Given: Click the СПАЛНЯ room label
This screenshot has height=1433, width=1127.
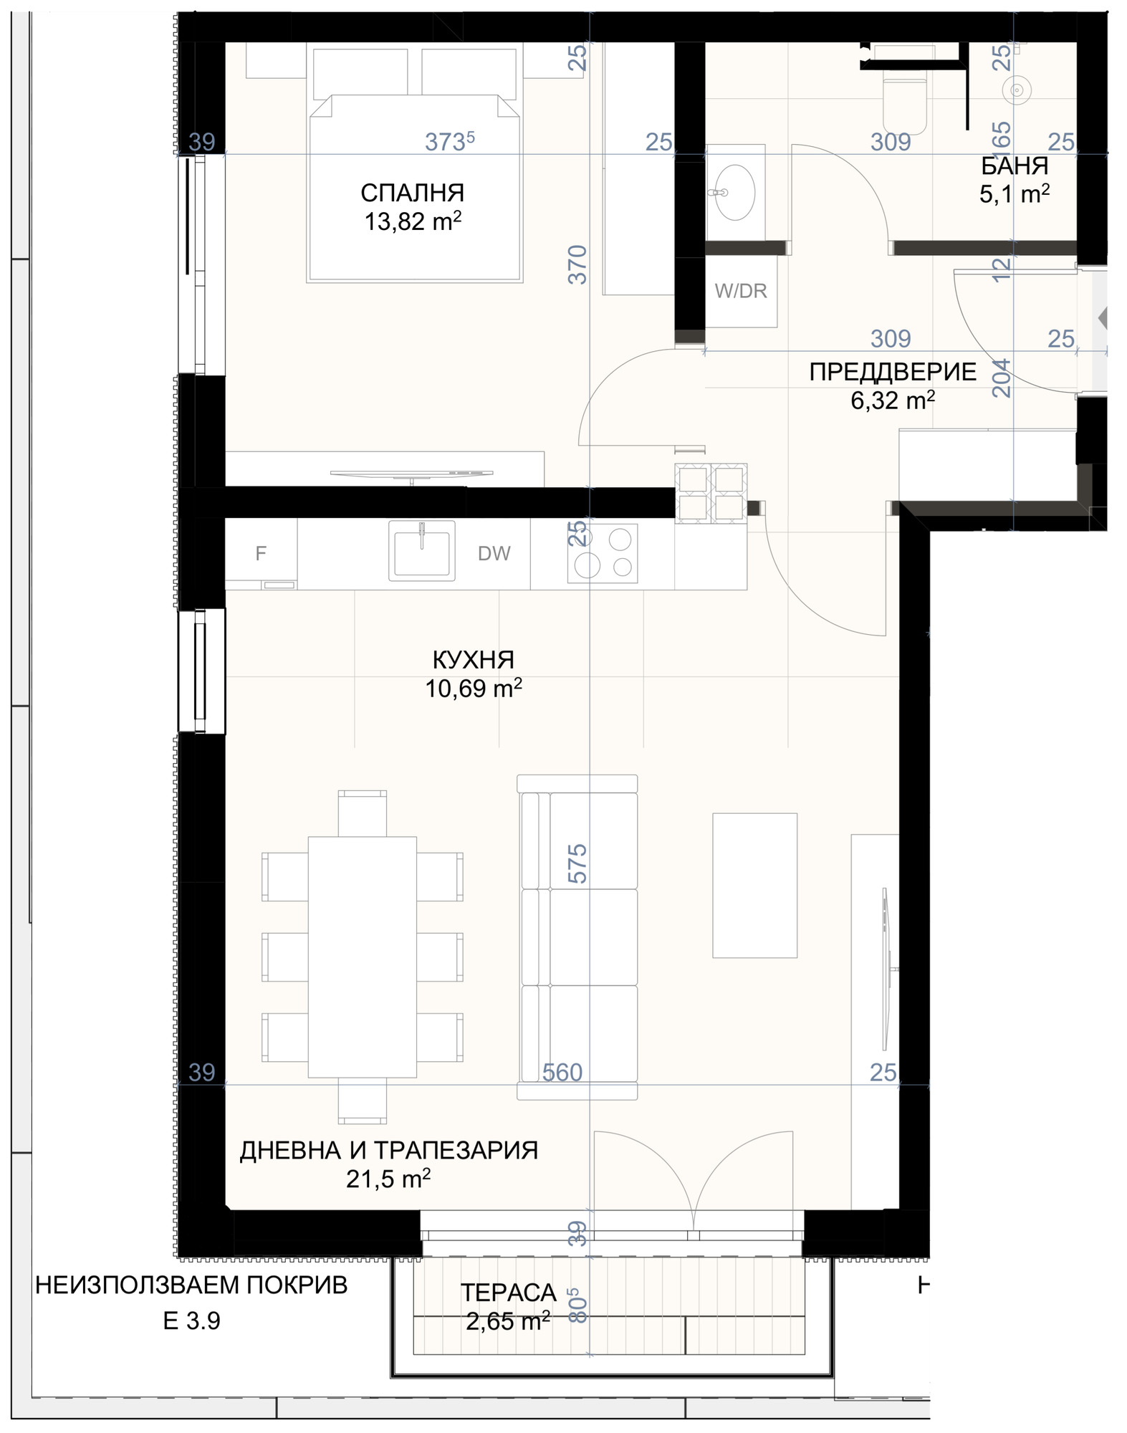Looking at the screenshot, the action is (412, 193).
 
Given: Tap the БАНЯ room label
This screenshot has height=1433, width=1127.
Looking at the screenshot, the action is (1015, 166).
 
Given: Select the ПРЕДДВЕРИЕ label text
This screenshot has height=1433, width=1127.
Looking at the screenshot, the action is (893, 372).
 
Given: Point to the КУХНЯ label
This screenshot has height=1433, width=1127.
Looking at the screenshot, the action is (473, 659).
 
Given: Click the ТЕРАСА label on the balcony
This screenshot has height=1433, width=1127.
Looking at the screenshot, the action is (508, 1293).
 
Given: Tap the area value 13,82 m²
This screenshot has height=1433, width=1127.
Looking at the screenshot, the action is (413, 221).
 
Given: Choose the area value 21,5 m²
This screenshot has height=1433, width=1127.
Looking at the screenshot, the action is (388, 1179).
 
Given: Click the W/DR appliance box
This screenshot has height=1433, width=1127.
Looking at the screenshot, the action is (741, 291).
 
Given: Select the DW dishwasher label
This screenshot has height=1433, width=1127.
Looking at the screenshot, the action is (494, 553).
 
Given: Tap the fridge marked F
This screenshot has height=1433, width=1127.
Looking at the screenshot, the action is (261, 553).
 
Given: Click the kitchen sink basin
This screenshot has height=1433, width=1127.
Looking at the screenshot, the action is (421, 550).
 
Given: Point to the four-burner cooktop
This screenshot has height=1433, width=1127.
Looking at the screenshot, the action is (603, 552).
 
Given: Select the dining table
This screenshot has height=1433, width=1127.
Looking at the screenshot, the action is (362, 957).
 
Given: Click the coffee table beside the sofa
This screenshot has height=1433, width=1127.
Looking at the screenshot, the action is (754, 885).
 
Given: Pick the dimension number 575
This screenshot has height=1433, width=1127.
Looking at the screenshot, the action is (577, 863).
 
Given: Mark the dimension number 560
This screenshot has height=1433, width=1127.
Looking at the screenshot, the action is (562, 1072).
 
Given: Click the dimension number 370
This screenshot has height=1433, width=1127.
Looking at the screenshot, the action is (577, 264).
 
